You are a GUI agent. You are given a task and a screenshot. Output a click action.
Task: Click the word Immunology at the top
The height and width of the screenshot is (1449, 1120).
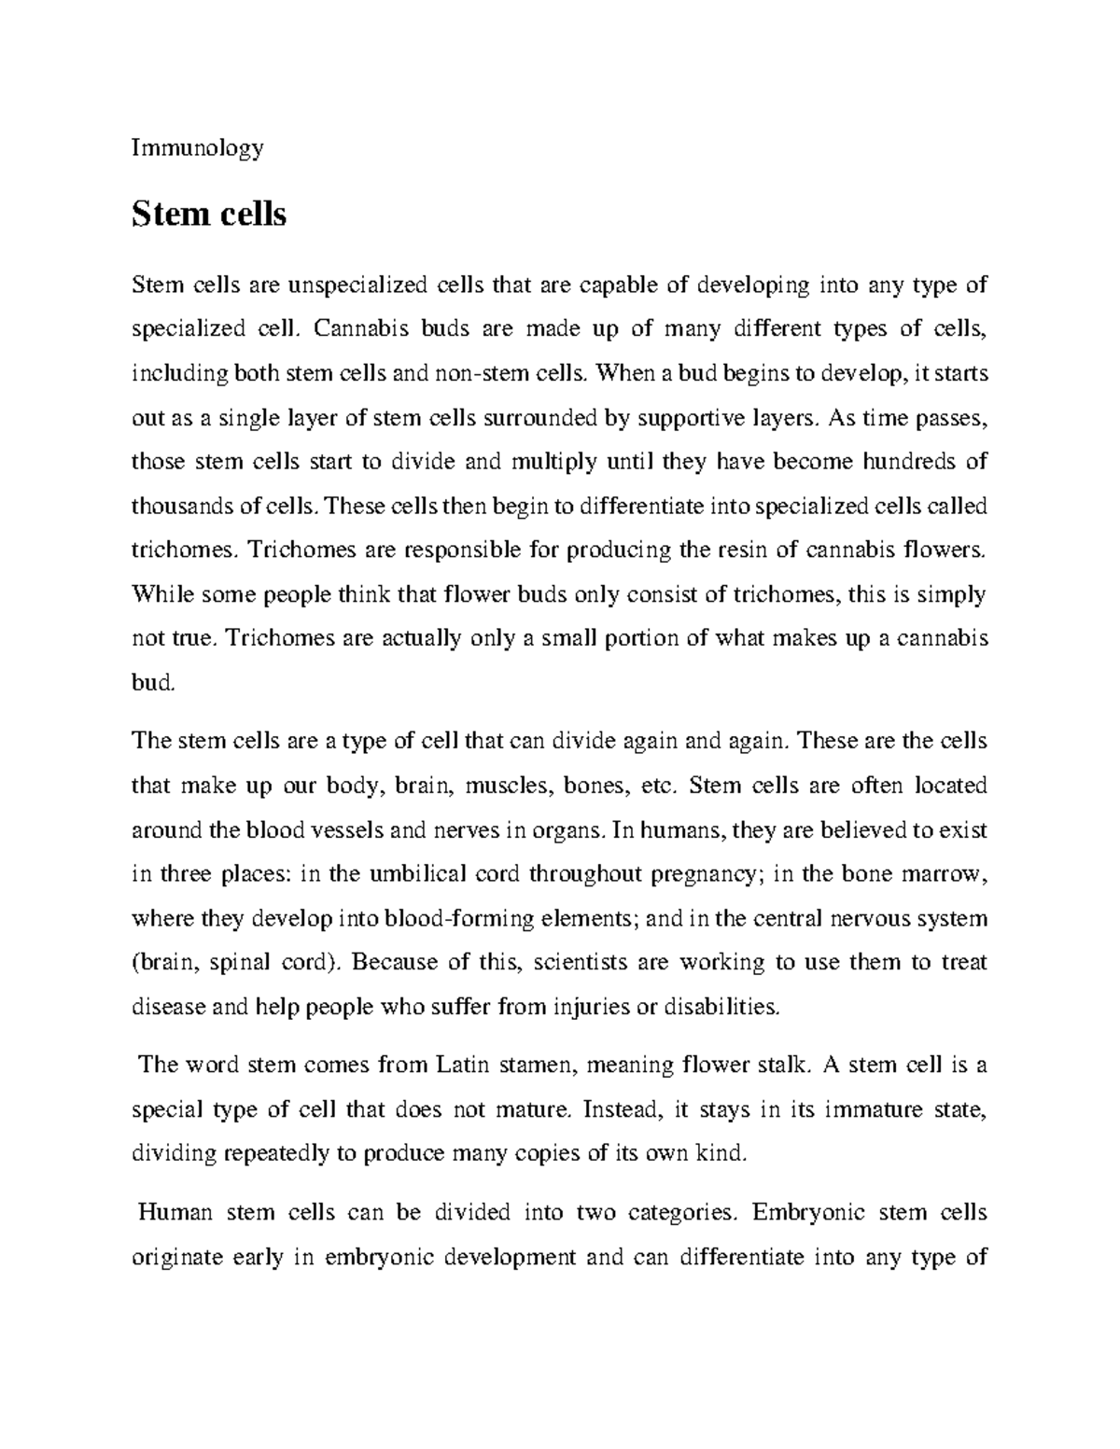point(198,147)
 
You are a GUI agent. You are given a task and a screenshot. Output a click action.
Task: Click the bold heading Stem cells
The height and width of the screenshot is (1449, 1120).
point(209,215)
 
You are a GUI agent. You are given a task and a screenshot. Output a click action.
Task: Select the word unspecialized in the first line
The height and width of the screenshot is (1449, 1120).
point(357,286)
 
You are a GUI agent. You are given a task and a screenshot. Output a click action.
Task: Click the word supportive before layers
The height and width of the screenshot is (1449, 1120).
point(690,418)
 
